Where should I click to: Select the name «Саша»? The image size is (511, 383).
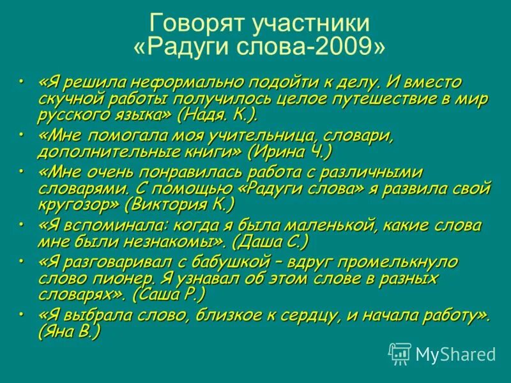pos(162,294)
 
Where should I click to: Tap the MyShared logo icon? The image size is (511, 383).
pos(400,353)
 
